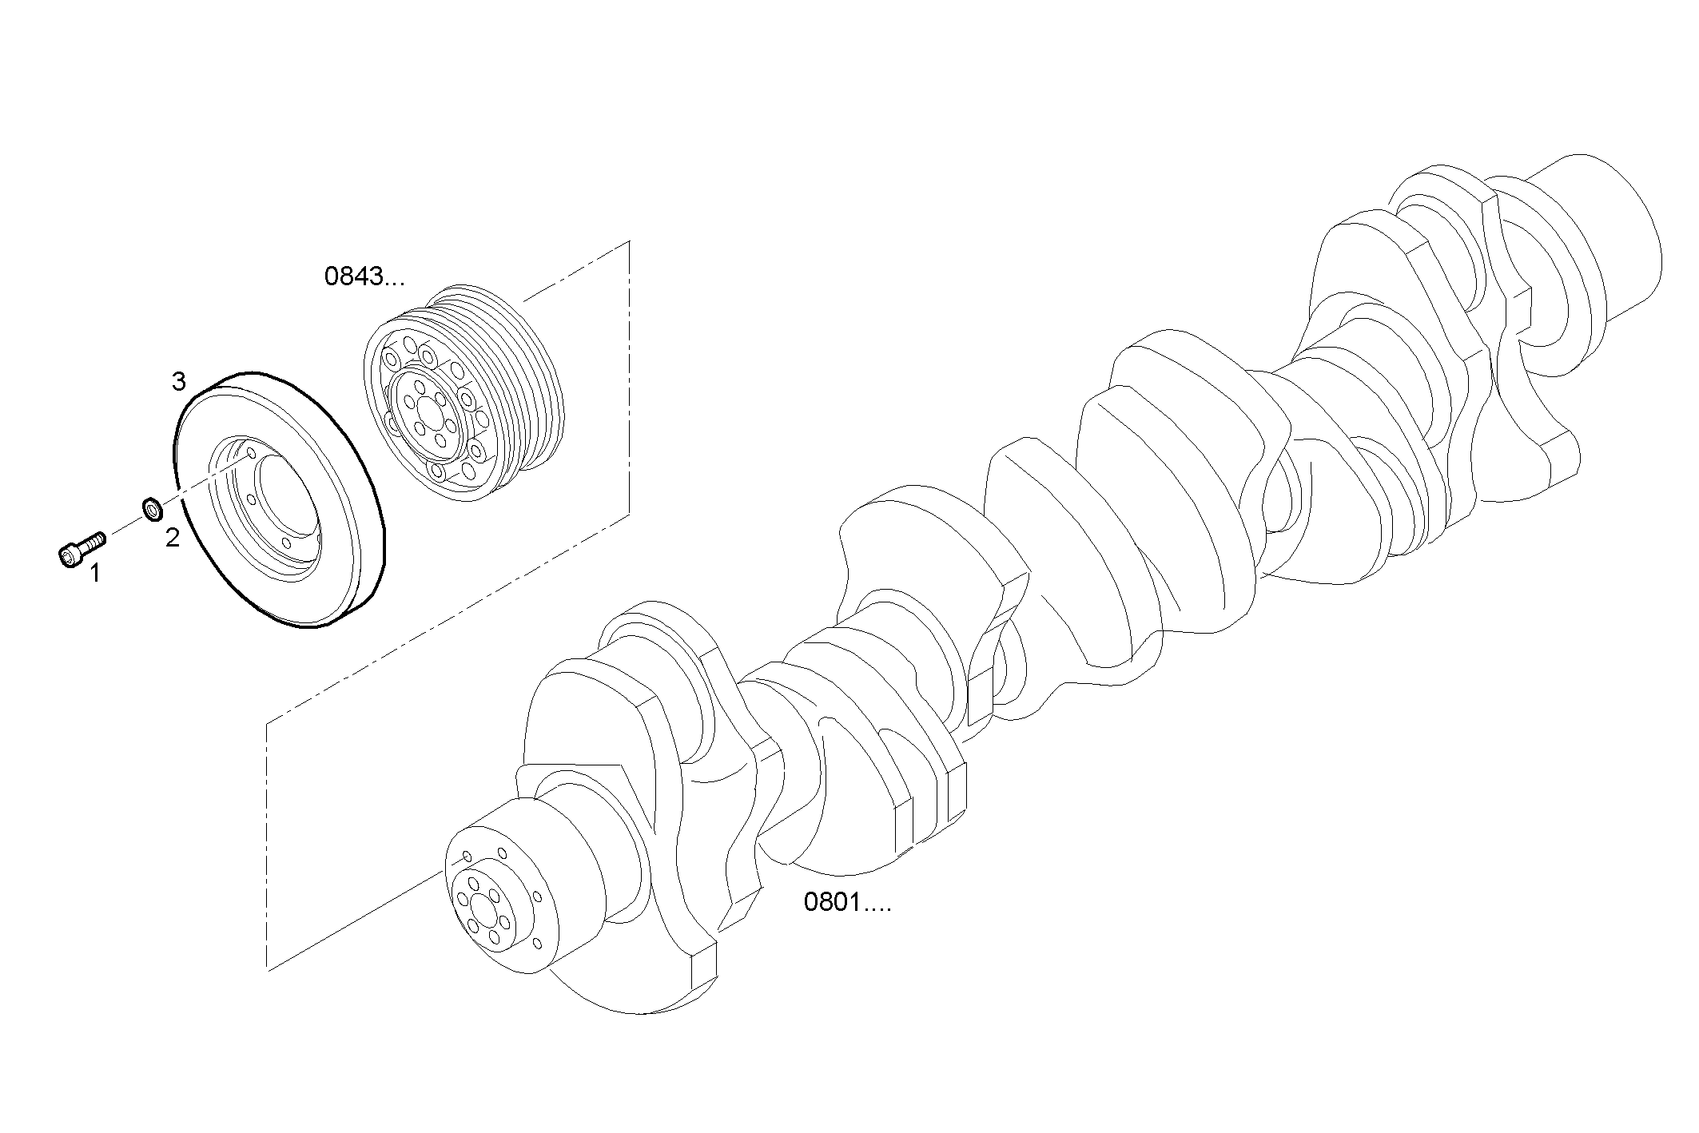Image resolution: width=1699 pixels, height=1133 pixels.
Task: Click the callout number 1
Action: pyautogui.click(x=95, y=573)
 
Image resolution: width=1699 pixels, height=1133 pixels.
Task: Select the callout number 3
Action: pyautogui.click(x=179, y=382)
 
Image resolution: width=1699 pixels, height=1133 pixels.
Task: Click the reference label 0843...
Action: pyautogui.click(x=364, y=277)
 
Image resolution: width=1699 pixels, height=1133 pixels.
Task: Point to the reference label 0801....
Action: pyautogui.click(x=846, y=903)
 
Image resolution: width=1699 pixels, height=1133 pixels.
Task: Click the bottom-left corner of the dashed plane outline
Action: pyautogui.click(x=268, y=970)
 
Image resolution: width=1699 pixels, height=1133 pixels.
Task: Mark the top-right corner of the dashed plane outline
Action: pyautogui.click(x=630, y=241)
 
